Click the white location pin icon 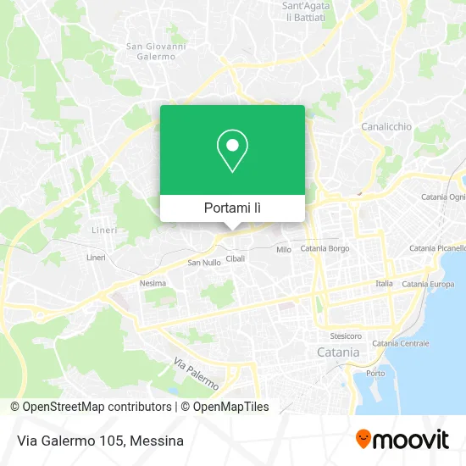pyautogui.click(x=232, y=151)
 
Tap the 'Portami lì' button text pyautogui.click(x=232, y=208)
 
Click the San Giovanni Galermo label pyautogui.click(x=155, y=52)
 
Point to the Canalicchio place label pyautogui.click(x=386, y=127)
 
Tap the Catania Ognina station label pyautogui.click(x=444, y=197)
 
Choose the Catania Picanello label pyautogui.click(x=437, y=248)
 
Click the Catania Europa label pyautogui.click(x=428, y=284)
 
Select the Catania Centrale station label pyautogui.click(x=401, y=343)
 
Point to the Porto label pyautogui.click(x=374, y=374)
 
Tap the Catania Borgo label pyautogui.click(x=325, y=249)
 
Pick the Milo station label pyautogui.click(x=284, y=250)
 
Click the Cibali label pyautogui.click(x=235, y=258)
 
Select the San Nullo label pyautogui.click(x=204, y=263)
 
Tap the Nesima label pyautogui.click(x=153, y=283)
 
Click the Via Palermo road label pyautogui.click(x=196, y=374)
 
